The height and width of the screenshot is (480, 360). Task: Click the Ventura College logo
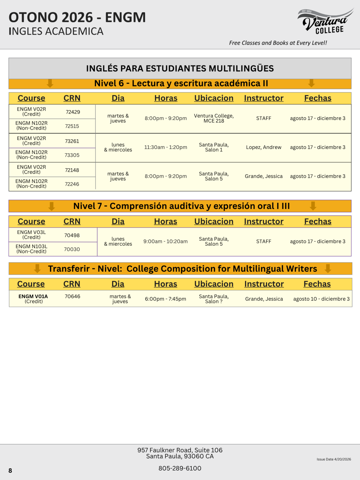(x=325, y=22)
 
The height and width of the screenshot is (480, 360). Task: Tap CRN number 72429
(x=73, y=112)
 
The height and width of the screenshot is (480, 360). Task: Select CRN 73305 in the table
(x=72, y=155)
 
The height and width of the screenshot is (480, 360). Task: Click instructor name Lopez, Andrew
(x=263, y=147)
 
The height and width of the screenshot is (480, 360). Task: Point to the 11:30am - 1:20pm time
(x=166, y=147)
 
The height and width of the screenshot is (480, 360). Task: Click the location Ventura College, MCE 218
(x=214, y=118)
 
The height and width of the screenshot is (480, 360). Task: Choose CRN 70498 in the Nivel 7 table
(x=72, y=235)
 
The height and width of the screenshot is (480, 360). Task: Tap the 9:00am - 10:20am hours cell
(x=166, y=241)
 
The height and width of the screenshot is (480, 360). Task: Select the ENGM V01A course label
(x=33, y=296)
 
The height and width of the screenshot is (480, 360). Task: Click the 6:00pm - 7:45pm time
(x=166, y=299)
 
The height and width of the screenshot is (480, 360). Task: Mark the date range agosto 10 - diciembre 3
(x=321, y=299)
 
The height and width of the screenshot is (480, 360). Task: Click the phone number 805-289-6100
(x=180, y=468)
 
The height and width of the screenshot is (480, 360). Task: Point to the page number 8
(x=10, y=471)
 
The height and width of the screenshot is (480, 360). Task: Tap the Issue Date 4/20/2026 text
(x=334, y=459)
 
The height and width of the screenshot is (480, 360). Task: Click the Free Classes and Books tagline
(x=278, y=43)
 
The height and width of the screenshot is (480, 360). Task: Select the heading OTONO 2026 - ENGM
(x=77, y=18)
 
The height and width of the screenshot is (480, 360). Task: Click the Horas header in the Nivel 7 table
(x=166, y=222)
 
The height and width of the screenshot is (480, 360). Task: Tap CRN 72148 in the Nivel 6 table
(x=72, y=170)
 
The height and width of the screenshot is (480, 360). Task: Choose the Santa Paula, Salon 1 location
(x=214, y=147)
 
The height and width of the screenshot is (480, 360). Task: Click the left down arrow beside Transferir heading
(x=37, y=268)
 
